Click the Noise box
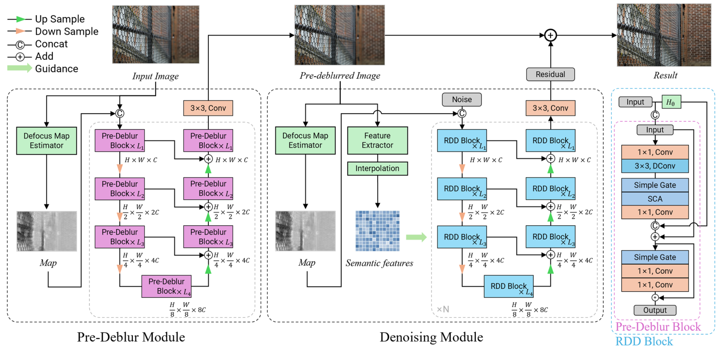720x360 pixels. (x=462, y=99)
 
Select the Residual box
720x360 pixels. (x=551, y=74)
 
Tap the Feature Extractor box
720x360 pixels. (x=377, y=139)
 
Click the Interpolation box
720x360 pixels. (x=377, y=168)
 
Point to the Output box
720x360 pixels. (x=655, y=310)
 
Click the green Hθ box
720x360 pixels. (x=672, y=102)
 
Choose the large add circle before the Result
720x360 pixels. (x=551, y=35)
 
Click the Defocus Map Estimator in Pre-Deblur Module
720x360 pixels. (x=46, y=139)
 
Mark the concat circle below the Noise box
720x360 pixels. (x=462, y=114)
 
